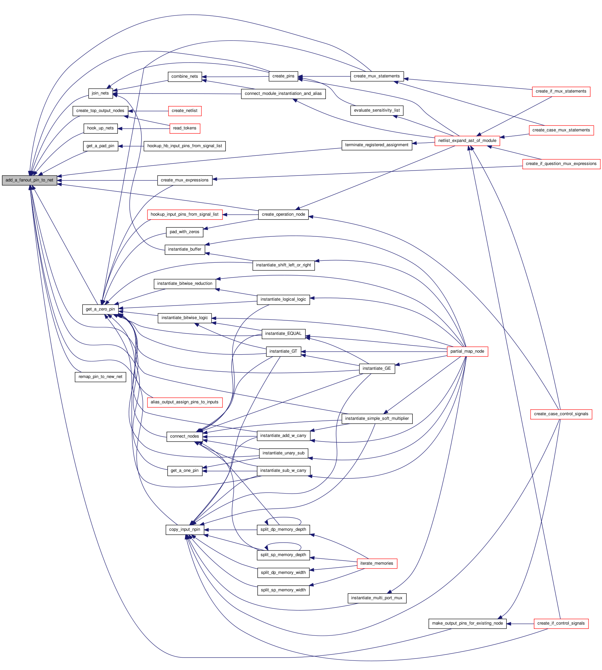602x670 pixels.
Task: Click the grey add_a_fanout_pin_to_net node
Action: [x=29, y=180]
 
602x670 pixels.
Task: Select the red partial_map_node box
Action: [x=467, y=351]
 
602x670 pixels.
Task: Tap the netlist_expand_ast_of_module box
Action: [x=467, y=141]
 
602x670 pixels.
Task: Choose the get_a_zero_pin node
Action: [x=100, y=309]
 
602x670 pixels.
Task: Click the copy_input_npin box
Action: [x=185, y=529]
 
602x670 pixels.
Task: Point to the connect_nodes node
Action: [x=185, y=437]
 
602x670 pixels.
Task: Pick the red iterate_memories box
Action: [x=377, y=563]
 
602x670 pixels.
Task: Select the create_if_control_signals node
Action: [x=561, y=623]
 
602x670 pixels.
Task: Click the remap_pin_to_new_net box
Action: [x=100, y=377]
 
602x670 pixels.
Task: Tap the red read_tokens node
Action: [x=185, y=128]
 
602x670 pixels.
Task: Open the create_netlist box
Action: [x=185, y=111]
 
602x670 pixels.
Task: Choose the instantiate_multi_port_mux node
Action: [x=377, y=598]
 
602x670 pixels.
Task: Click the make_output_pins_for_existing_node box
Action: [x=467, y=623]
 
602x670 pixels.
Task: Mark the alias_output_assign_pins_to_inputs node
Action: [x=185, y=402]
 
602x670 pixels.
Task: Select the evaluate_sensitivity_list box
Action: [x=377, y=111]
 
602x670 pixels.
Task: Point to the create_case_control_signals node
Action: [x=561, y=414]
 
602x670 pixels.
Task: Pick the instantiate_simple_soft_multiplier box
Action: [x=377, y=418]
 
